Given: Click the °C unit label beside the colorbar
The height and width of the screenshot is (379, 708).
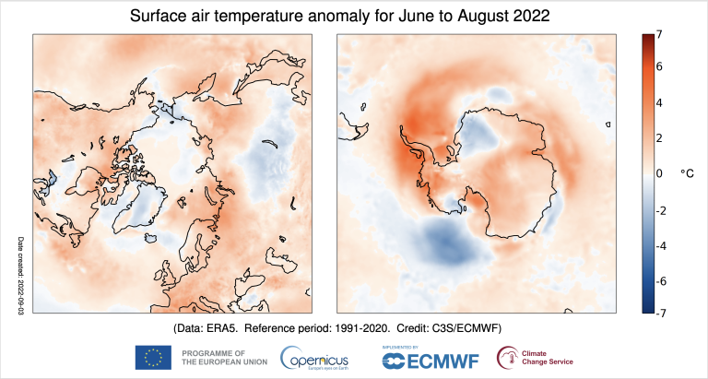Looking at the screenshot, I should [x=689, y=172].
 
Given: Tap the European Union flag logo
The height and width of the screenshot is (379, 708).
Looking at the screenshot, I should [x=153, y=358].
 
